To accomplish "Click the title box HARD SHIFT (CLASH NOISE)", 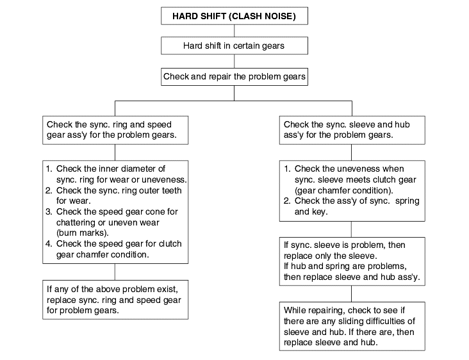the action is (x=234, y=16).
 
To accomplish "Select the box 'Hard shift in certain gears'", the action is (x=234, y=45).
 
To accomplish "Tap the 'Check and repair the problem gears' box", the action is (x=234, y=77).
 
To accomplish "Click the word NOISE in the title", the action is (x=278, y=16).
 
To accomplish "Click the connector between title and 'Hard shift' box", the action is (x=234, y=31).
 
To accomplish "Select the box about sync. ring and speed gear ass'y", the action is (x=115, y=130).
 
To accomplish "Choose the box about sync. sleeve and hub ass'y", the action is (x=352, y=130).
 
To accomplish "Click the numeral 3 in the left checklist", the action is (x=49, y=211).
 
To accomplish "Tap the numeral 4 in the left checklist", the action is (x=49, y=243).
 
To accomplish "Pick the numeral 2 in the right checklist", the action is (x=287, y=201).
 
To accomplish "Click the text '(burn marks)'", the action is (x=82, y=233).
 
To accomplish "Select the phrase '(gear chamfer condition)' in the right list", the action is (x=344, y=190).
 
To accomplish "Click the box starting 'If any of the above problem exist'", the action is (x=115, y=300).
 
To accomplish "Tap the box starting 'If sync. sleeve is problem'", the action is (x=352, y=261).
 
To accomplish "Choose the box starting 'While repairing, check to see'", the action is (x=352, y=326).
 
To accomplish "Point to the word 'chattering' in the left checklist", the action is (x=76, y=222).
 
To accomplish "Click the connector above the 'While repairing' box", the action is (x=352, y=293).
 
